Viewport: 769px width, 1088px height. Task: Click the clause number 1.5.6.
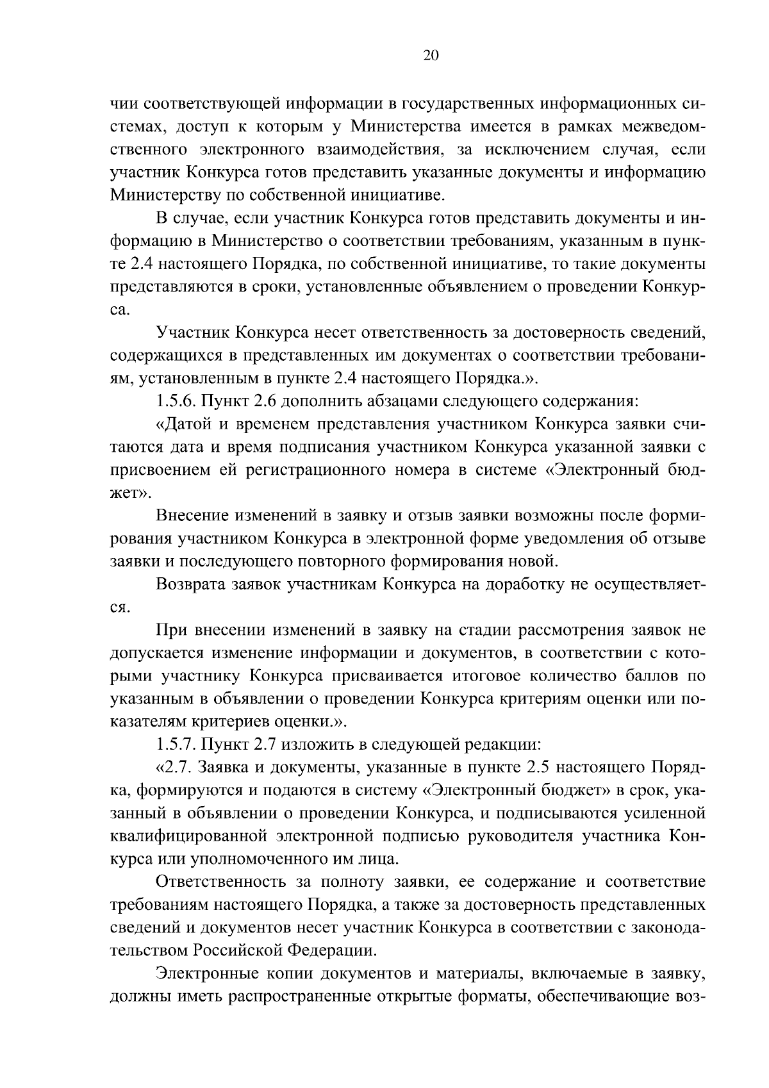point(177,402)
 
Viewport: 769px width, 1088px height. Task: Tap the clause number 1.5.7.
point(177,745)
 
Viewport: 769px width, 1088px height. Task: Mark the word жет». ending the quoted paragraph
point(128,493)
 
